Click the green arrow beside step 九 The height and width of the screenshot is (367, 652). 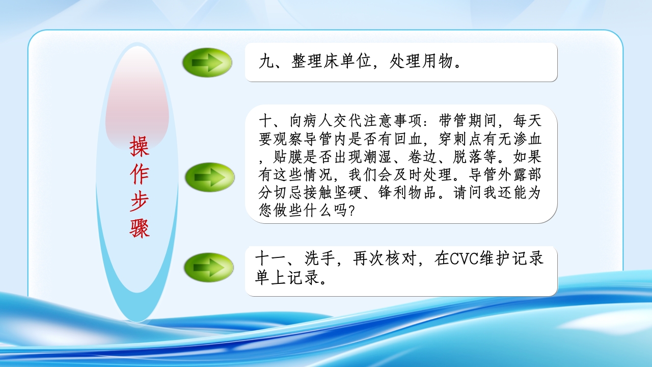(x=207, y=63)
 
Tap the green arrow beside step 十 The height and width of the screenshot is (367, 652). (x=209, y=177)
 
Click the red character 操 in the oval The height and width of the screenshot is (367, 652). (x=139, y=146)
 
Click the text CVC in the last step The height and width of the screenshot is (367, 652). (x=461, y=258)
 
